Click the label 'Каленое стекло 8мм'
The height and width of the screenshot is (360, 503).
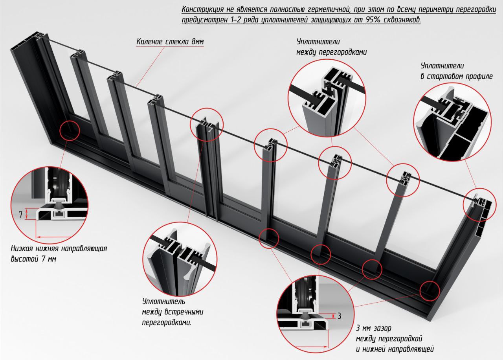pyautogui.click(x=170, y=42)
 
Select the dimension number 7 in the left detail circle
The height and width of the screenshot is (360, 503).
pyautogui.click(x=20, y=215)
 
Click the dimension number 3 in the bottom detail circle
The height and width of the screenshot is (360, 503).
pyautogui.click(x=339, y=316)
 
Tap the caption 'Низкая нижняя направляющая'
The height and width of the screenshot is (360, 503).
pyautogui.click(x=59, y=249)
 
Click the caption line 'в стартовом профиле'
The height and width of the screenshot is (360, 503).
pyautogui.click(x=457, y=76)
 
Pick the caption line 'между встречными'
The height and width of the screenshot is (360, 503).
pyautogui.click(x=173, y=312)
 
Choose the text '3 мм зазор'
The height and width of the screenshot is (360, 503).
pyautogui.click(x=374, y=328)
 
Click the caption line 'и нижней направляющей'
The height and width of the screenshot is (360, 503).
pyautogui.click(x=395, y=349)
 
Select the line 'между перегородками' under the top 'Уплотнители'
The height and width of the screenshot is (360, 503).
pyautogui.click(x=331, y=52)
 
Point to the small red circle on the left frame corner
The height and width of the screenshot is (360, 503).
pyautogui.click(x=70, y=130)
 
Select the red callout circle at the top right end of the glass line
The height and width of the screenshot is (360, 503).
pyautogui.click(x=480, y=205)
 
